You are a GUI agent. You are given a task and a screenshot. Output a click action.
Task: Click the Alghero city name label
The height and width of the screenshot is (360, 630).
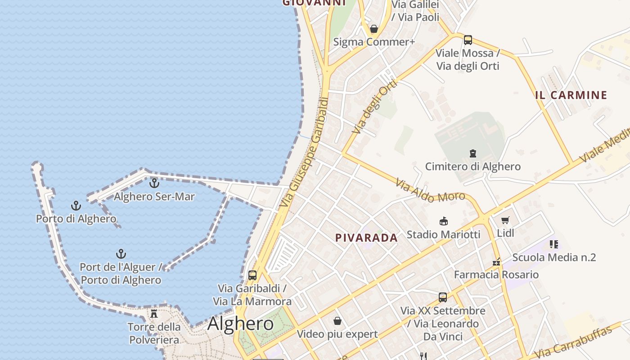pyautogui.click(x=240, y=324)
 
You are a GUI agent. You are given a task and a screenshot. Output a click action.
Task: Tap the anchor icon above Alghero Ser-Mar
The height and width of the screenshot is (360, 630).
pyautogui.click(x=154, y=183)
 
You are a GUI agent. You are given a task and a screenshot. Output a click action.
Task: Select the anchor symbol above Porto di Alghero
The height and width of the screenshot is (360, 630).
pyautogui.click(x=76, y=206)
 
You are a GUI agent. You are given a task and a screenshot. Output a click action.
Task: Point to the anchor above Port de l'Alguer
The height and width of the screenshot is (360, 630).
pyautogui.click(x=121, y=254)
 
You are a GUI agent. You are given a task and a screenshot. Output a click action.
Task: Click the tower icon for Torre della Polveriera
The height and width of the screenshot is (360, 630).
pyautogui.click(x=154, y=313)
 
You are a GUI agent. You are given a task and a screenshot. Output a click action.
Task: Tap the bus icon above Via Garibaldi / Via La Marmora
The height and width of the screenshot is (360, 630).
pyautogui.click(x=252, y=275)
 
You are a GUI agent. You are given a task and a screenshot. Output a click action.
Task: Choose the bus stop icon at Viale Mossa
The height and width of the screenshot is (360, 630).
pyautogui.click(x=468, y=40)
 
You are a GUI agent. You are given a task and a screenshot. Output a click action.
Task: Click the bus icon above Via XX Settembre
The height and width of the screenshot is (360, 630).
pyautogui.click(x=443, y=297)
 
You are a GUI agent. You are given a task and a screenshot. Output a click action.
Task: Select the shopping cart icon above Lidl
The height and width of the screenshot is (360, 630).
pyautogui.click(x=505, y=220)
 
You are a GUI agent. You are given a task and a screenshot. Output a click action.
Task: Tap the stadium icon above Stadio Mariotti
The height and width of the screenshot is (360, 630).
pyautogui.click(x=444, y=221)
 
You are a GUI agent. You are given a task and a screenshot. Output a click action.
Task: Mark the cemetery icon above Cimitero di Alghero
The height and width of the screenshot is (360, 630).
pyautogui.click(x=473, y=153)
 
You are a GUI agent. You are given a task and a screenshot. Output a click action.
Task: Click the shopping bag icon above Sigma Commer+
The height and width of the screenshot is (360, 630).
pyautogui.click(x=373, y=29)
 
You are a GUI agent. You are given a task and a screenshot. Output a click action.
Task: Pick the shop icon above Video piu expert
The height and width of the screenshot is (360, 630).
pyautogui.click(x=337, y=321)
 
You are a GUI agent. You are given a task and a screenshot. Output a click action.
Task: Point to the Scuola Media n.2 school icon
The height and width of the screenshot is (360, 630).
pyautogui.click(x=553, y=244)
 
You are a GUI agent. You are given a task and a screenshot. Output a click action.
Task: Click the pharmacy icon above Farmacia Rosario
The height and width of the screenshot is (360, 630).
pyautogui.click(x=496, y=261)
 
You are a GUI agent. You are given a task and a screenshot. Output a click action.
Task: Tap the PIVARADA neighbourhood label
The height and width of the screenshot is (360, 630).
pyautogui.click(x=366, y=238)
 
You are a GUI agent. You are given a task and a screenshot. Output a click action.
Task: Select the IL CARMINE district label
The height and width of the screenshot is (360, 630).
pyautogui.click(x=571, y=95)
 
